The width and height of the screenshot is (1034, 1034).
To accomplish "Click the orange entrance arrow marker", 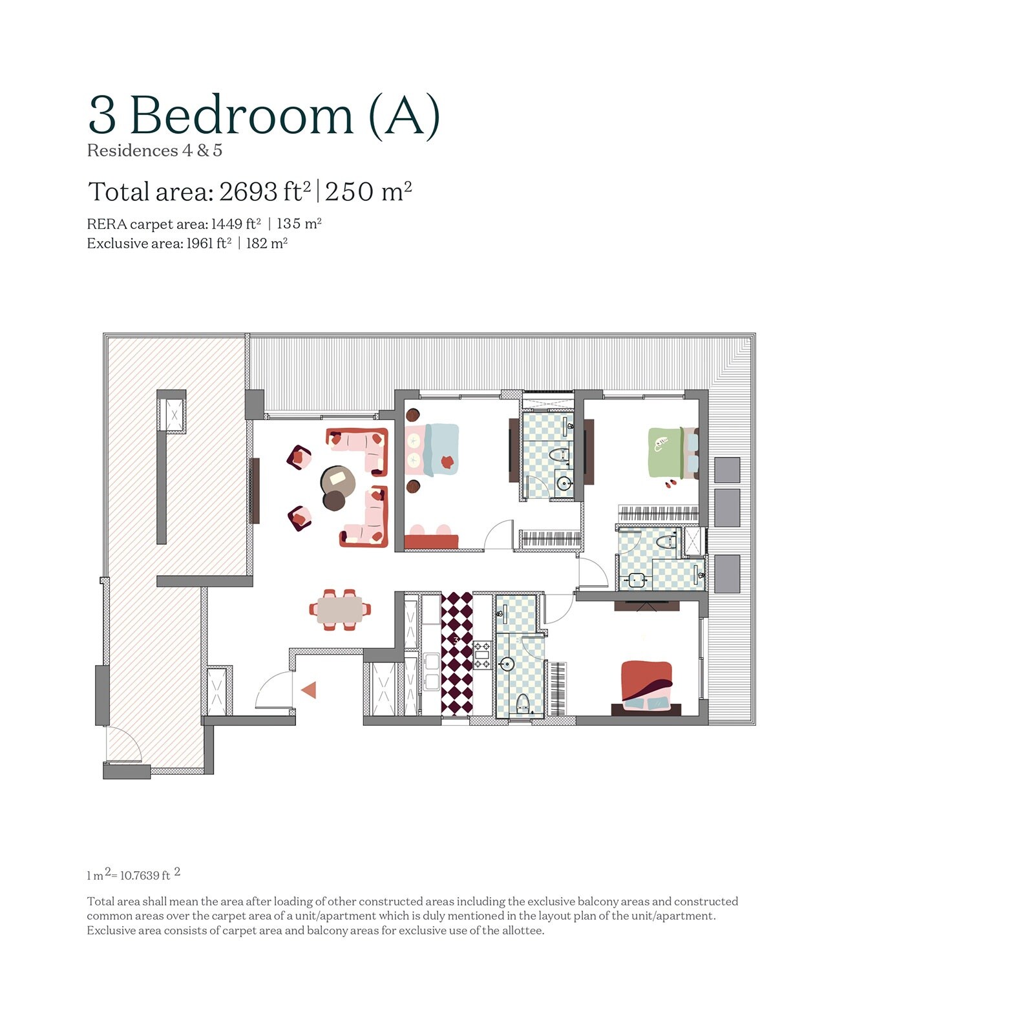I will (309, 690).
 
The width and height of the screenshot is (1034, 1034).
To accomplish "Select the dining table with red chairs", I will (340, 609).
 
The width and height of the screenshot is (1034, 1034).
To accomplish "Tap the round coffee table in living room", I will (337, 481).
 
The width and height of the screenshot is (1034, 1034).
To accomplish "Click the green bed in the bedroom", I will (666, 452).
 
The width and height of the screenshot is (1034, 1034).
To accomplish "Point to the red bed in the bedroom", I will (646, 685).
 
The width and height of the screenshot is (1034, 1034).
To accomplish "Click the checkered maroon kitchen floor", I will (457, 653).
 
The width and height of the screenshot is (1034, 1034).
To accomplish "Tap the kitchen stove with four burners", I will (483, 655).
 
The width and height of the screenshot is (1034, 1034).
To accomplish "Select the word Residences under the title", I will (132, 151).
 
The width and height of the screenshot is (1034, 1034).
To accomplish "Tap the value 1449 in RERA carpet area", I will (226, 224).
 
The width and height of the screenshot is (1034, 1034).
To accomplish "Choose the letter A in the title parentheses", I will (405, 116).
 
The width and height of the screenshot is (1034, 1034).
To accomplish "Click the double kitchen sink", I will (431, 671).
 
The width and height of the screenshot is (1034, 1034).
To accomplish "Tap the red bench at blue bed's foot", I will (432, 542).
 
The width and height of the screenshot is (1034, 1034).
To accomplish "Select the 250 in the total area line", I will (349, 192).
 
